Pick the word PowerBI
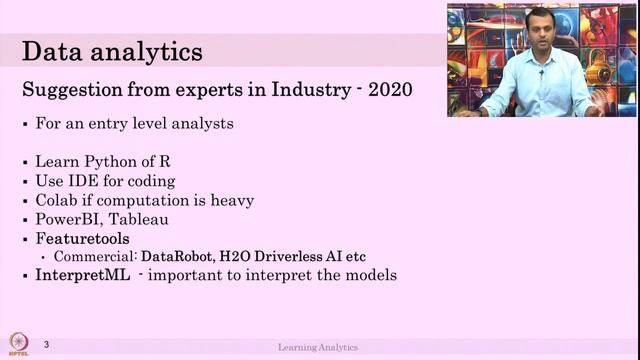point(70,219)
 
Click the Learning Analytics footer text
point(318,347)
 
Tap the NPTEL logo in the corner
point(17,342)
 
